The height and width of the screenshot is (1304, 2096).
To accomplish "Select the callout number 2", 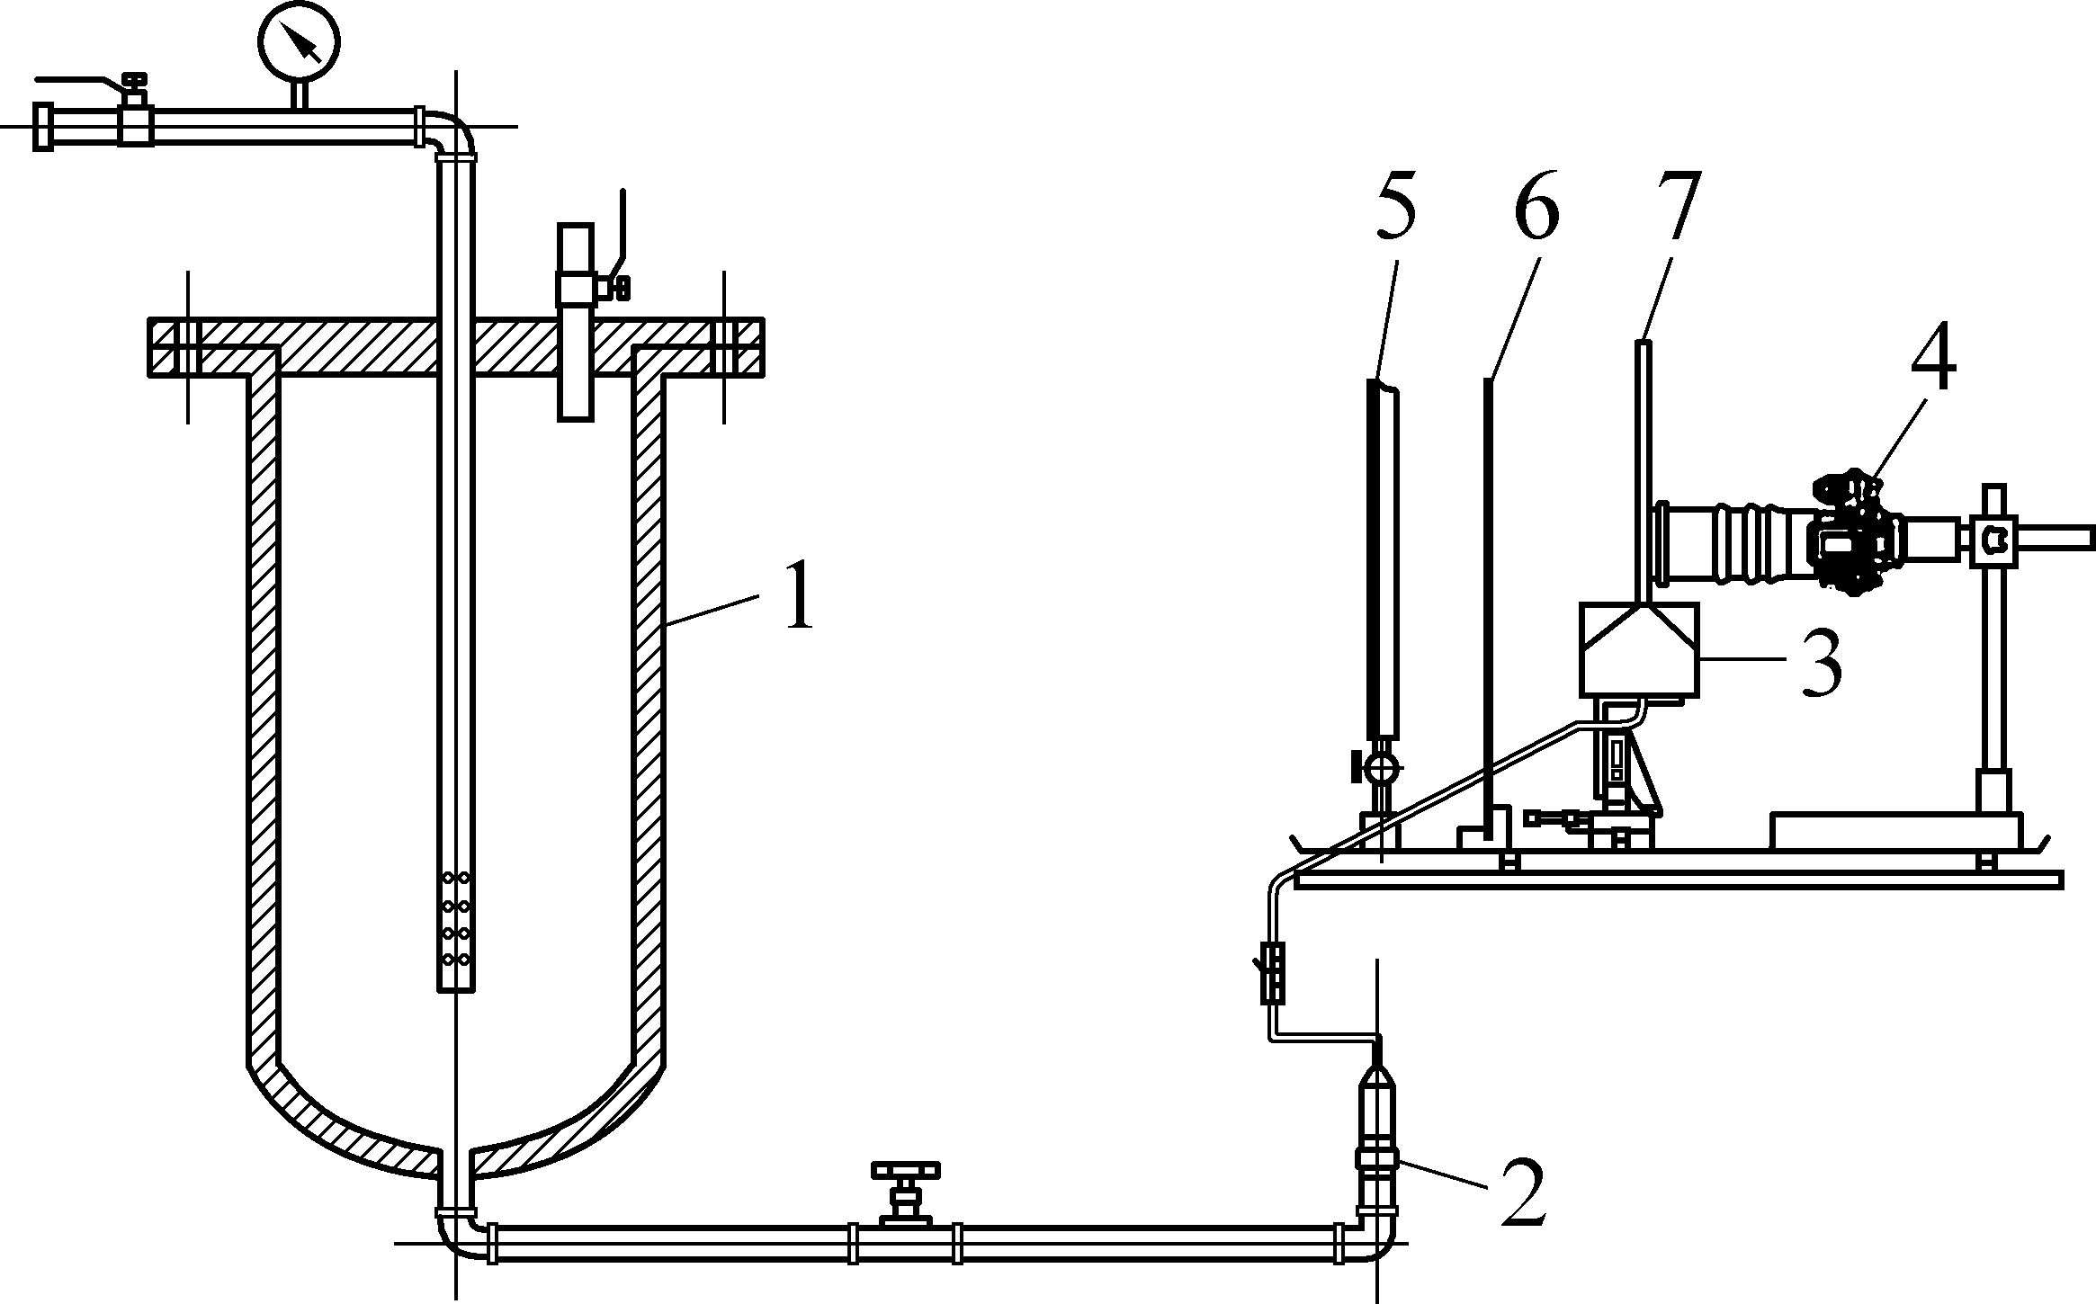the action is pos(1524,1192).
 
